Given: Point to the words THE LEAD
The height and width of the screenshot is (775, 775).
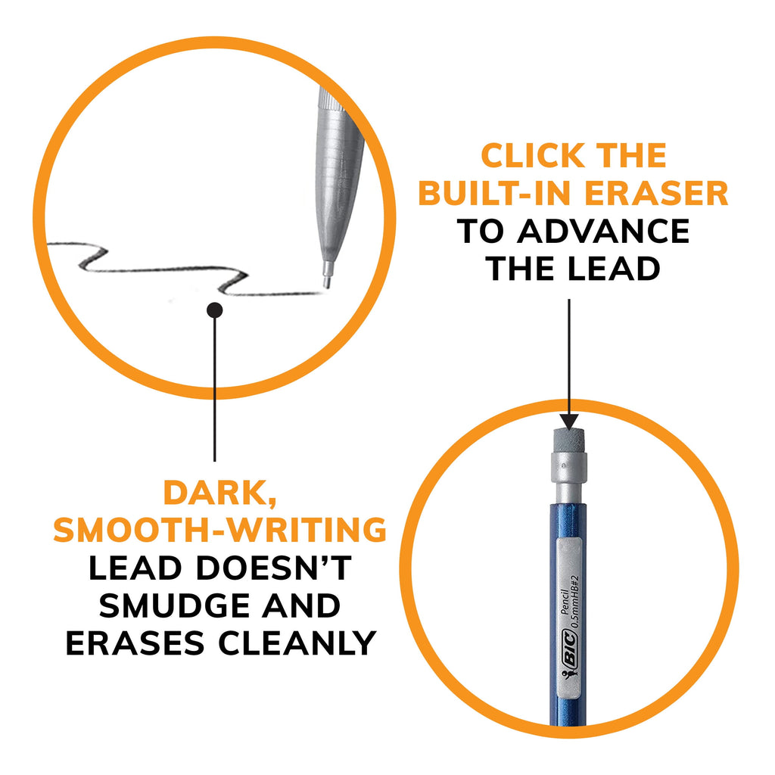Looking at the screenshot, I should pos(572,268).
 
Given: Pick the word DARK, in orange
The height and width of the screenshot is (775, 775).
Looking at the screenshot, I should pos(220,493).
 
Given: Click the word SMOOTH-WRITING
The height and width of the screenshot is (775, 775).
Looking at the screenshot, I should pos(219,531).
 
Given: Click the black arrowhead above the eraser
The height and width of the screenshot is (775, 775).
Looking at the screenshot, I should pos(568,421).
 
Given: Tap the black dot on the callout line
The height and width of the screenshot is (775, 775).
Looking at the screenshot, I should pos(214,309).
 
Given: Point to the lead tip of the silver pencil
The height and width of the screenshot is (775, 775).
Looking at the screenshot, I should pos(326,285).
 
